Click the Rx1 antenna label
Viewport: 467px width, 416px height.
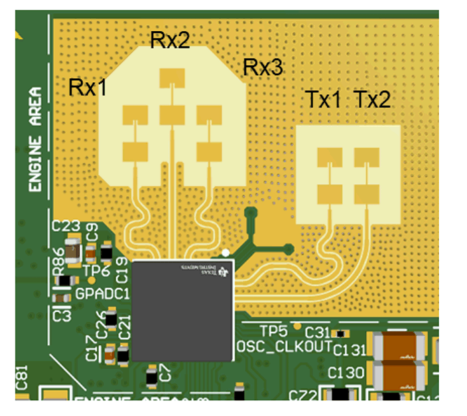pos(88,87)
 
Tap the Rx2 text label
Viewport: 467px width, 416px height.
pos(170,40)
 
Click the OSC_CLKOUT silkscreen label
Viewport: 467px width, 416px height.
pos(285,346)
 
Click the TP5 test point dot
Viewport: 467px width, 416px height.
pos(297,325)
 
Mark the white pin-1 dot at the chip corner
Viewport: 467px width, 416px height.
pos(226,253)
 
